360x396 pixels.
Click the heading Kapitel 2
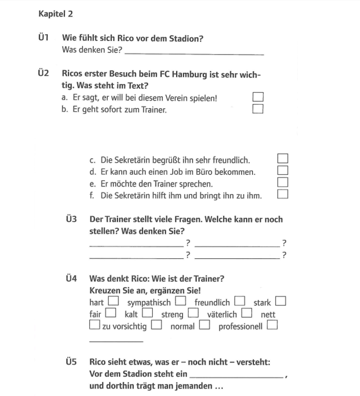55,14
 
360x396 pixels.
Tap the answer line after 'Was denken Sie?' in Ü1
194,53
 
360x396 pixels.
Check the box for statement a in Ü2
258,97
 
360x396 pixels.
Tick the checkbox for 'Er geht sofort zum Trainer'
258,109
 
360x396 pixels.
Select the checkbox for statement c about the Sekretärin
283,159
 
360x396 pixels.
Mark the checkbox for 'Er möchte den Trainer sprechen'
283,183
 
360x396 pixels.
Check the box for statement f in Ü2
283,195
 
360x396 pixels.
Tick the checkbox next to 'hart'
113,301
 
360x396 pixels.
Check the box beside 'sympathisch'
181,301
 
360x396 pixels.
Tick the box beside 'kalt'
148,313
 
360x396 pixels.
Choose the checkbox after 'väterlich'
247,313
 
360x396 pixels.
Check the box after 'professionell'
272,325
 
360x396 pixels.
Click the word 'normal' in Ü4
182,327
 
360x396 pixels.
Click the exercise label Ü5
71,362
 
